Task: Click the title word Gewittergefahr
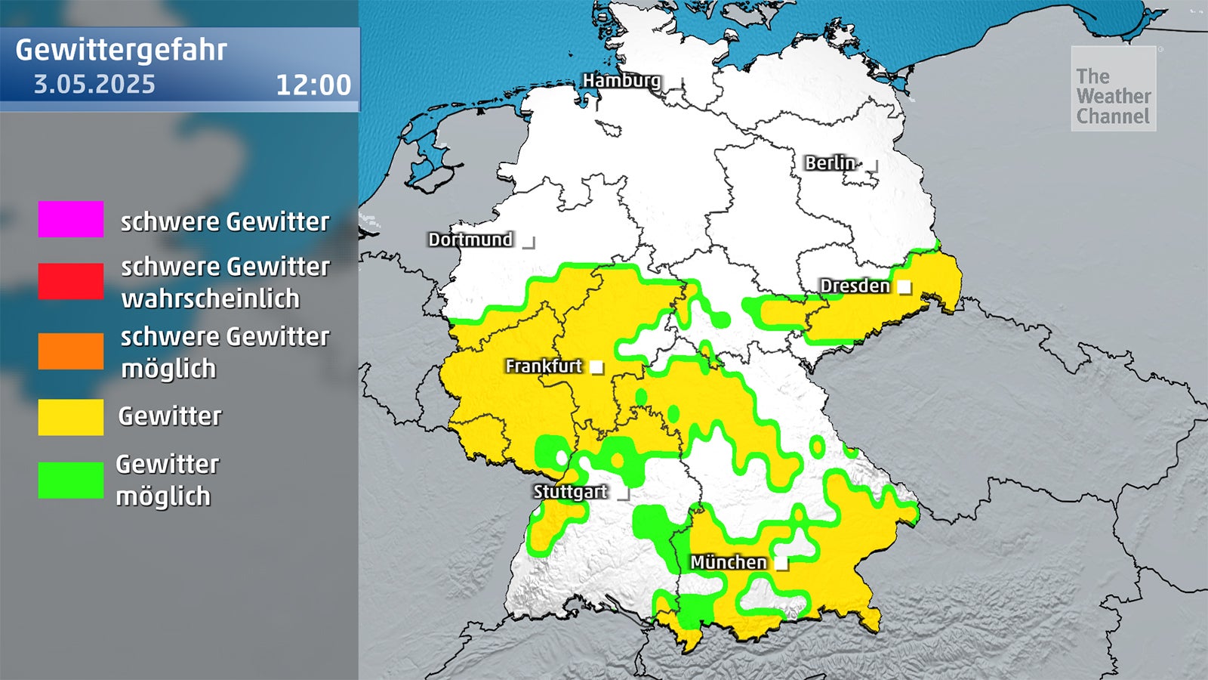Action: pos(121,50)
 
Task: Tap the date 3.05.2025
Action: pos(94,84)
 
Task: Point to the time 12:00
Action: pos(313,85)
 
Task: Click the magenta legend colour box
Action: pos(71,219)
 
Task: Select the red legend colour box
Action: pos(71,281)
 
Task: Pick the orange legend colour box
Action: pos(71,351)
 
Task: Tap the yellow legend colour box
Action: pos(71,417)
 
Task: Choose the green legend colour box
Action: pos(71,481)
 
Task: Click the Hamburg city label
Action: pos(621,80)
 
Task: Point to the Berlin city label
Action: pos(830,162)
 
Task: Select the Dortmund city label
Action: pos(470,240)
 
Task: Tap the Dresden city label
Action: pos(855,286)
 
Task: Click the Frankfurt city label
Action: pos(544,366)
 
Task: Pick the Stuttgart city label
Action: pos(570,491)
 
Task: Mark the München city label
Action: pos(728,562)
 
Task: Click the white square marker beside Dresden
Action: pos(904,287)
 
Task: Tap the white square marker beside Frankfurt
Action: pos(596,367)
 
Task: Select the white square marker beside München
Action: pos(781,564)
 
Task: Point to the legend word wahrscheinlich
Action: pos(211,298)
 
